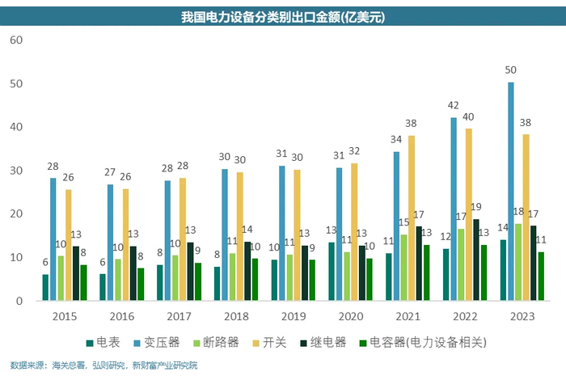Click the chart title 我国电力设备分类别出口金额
click(x=283, y=15)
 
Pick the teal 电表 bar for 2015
click(x=45, y=288)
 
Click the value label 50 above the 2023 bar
click(x=510, y=71)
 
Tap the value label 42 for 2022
click(x=454, y=106)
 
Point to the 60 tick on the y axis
click(x=18, y=40)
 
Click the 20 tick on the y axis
click(x=18, y=214)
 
